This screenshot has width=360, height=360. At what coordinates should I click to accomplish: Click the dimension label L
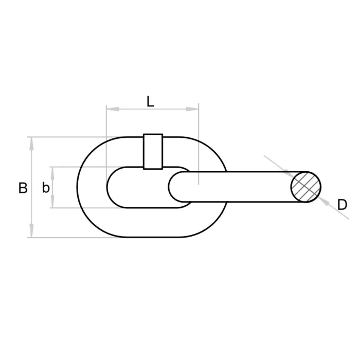(150, 101)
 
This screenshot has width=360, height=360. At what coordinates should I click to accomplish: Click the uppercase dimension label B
(23, 188)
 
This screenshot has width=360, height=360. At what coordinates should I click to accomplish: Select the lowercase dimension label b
(46, 188)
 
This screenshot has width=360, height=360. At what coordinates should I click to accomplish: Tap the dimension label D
(342, 205)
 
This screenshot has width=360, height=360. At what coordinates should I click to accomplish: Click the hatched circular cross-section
(306, 187)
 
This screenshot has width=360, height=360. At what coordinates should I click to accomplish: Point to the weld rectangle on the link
(153, 151)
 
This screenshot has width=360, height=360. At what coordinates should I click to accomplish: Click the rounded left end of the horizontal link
(175, 187)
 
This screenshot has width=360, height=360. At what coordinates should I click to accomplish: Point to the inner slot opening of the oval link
(134, 187)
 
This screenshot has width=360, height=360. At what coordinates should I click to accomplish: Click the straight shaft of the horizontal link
(242, 187)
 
